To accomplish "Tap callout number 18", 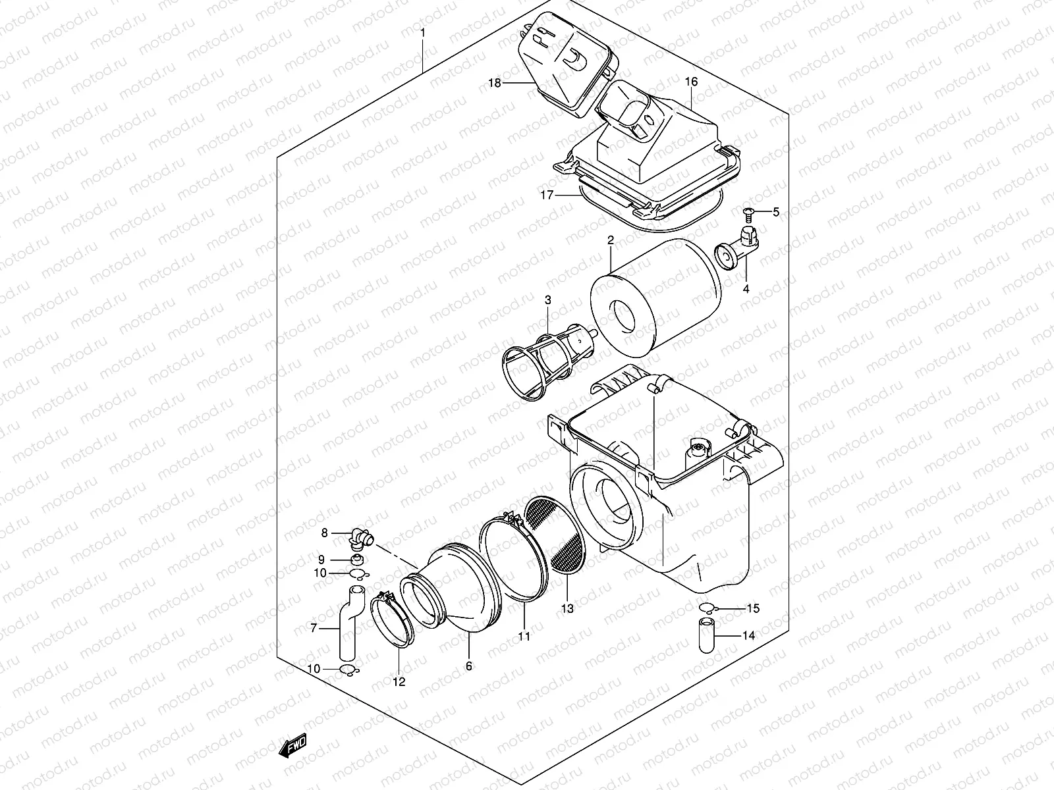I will (x=495, y=83).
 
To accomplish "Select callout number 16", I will (x=691, y=82).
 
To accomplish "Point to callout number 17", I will (x=545, y=195).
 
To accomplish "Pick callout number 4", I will (x=746, y=288).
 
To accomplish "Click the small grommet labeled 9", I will (x=358, y=560).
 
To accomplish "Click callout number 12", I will (x=399, y=682).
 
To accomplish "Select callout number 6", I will (x=469, y=666).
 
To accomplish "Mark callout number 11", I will (x=524, y=637).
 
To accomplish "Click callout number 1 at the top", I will (x=423, y=32).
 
